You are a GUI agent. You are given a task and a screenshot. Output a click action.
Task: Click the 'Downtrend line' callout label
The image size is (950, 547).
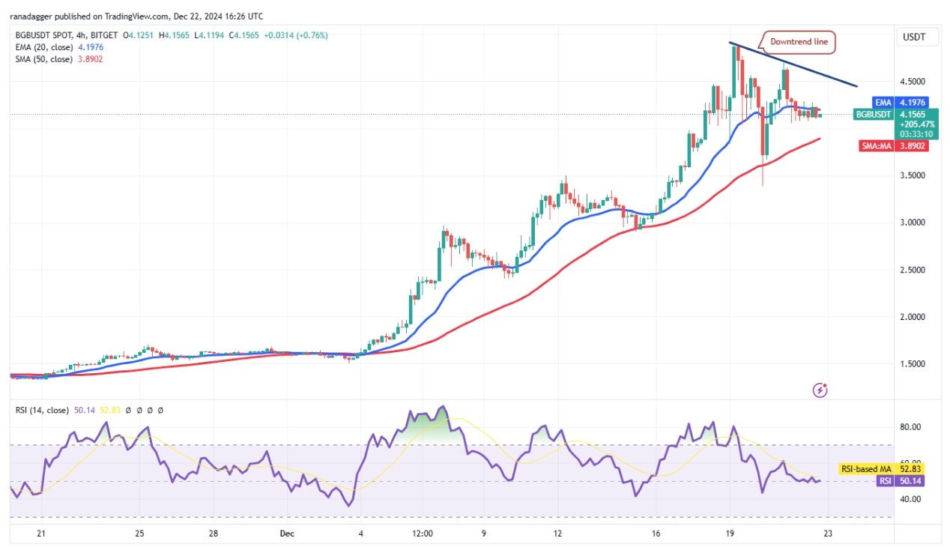tap(799, 42)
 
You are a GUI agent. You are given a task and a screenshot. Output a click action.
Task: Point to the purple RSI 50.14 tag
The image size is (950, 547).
tap(906, 480)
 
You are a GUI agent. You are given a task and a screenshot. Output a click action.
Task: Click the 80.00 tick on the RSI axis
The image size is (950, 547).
tap(910, 427)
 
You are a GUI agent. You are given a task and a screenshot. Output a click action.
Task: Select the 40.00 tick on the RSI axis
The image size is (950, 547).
tap(910, 499)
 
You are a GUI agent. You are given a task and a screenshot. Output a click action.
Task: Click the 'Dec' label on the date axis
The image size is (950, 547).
tap(286, 534)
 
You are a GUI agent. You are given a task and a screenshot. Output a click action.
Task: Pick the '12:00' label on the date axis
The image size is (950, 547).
tap(423, 534)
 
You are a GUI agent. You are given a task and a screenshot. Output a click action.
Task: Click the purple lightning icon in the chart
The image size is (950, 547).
tap(820, 390)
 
